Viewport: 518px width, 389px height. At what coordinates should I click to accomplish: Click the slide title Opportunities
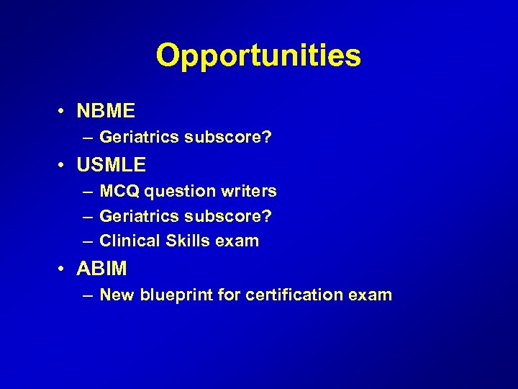coord(258,55)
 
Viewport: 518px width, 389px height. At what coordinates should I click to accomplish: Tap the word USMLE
coord(111,165)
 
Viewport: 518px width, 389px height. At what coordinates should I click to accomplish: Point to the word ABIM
coord(101,269)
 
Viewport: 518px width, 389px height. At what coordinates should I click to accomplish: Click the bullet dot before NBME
coord(63,112)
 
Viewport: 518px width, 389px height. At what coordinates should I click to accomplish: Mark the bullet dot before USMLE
coord(63,166)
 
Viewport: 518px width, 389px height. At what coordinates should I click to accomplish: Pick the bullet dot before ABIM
coord(63,269)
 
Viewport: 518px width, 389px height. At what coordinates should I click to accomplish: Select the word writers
coord(249,191)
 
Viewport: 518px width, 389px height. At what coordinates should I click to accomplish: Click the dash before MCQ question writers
coord(86,192)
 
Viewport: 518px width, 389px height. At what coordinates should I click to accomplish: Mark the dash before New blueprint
coord(86,295)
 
